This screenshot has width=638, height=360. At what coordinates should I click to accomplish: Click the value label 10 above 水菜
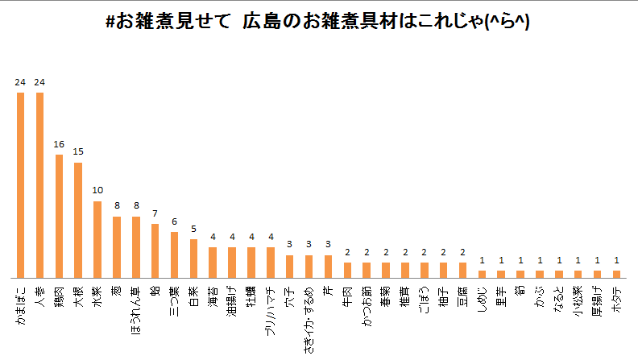97,190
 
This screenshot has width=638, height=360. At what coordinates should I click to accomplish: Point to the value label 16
59,144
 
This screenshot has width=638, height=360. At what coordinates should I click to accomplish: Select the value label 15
78,151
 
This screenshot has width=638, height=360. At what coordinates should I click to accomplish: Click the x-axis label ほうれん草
135,305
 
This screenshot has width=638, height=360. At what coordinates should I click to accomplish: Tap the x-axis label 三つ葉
174,299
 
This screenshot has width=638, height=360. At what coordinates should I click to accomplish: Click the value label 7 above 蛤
155,213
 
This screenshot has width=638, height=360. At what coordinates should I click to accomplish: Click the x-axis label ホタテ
616,296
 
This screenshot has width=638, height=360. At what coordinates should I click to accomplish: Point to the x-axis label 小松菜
578,296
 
